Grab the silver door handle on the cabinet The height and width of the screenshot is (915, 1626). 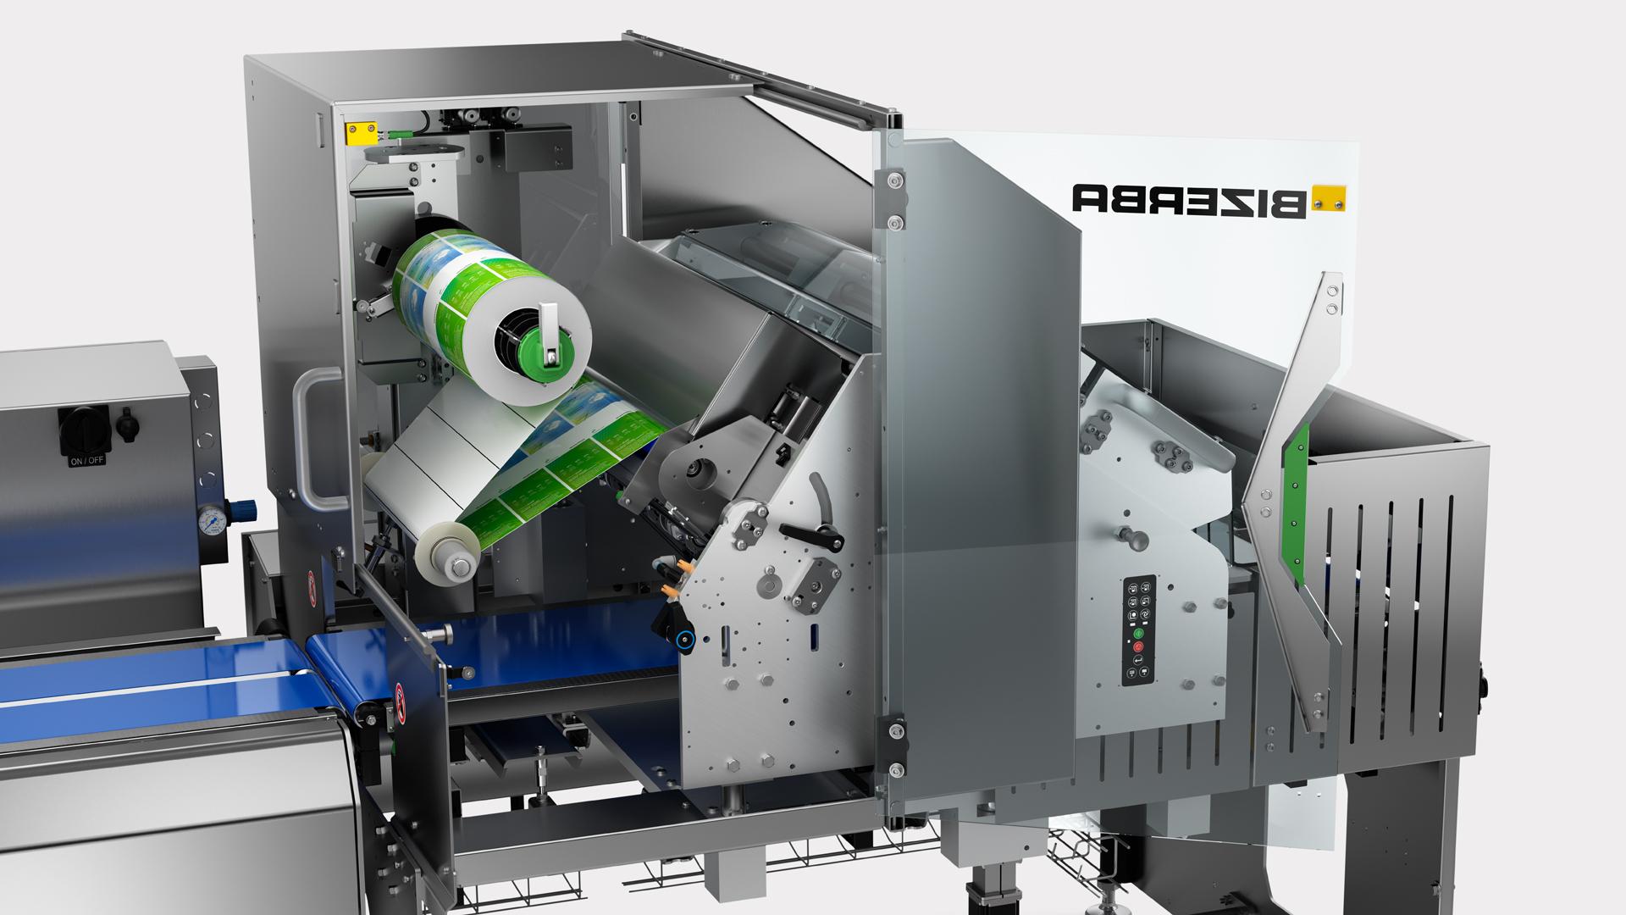307,441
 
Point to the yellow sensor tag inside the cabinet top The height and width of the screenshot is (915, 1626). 356,132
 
